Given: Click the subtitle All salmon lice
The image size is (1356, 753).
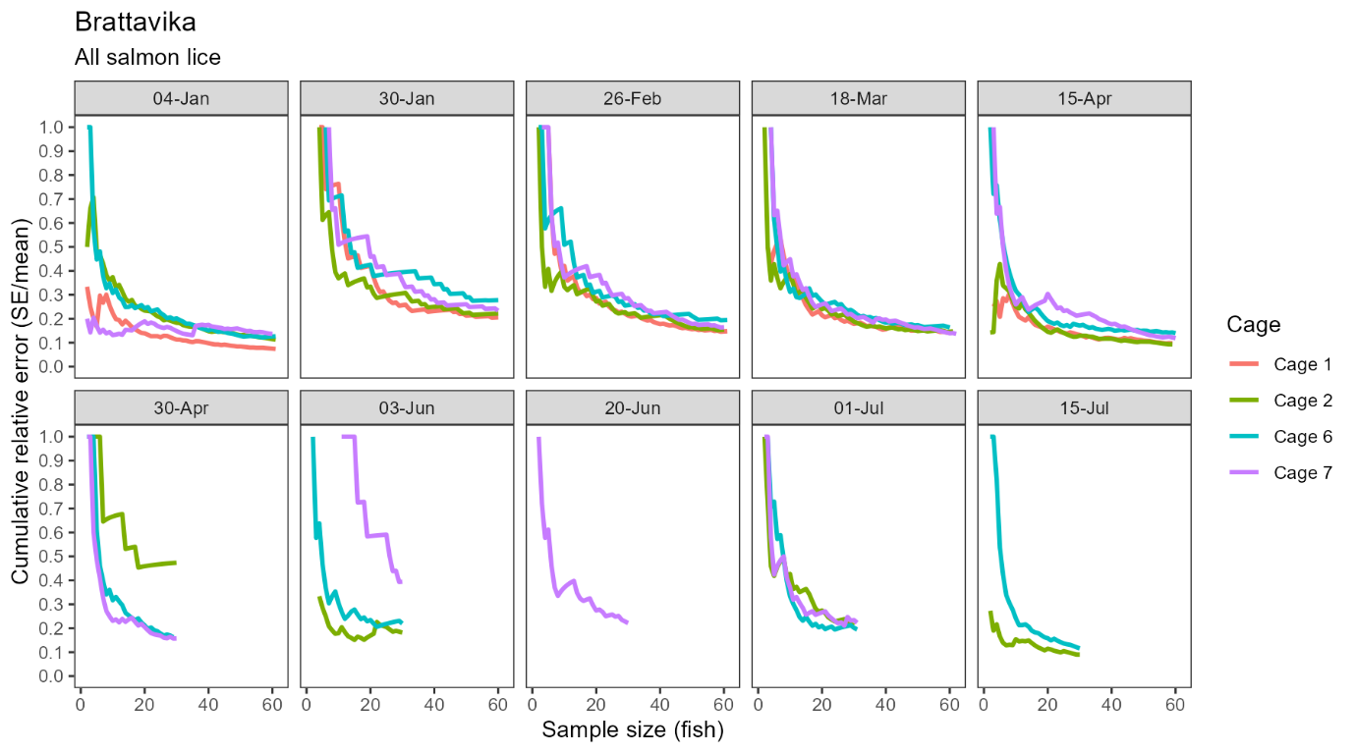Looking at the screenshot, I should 147,58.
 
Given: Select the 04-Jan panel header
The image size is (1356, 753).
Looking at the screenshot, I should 181,99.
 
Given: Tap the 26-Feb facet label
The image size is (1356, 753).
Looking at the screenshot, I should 633,99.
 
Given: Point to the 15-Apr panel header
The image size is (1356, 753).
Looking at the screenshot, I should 1085,99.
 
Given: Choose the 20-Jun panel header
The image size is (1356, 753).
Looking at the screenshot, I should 633,408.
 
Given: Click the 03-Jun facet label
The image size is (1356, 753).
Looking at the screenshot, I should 407,408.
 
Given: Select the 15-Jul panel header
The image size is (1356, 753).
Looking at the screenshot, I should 1085,408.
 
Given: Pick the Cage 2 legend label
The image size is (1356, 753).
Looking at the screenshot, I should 1302,401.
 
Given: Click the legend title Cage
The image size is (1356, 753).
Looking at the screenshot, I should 1253,325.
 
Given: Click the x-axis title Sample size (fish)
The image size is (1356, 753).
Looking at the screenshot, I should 633,730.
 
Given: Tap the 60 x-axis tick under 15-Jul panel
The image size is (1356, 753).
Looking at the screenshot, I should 1176,703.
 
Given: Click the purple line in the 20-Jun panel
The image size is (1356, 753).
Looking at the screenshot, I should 570,579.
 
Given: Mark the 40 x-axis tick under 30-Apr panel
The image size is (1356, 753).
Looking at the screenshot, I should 208,703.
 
